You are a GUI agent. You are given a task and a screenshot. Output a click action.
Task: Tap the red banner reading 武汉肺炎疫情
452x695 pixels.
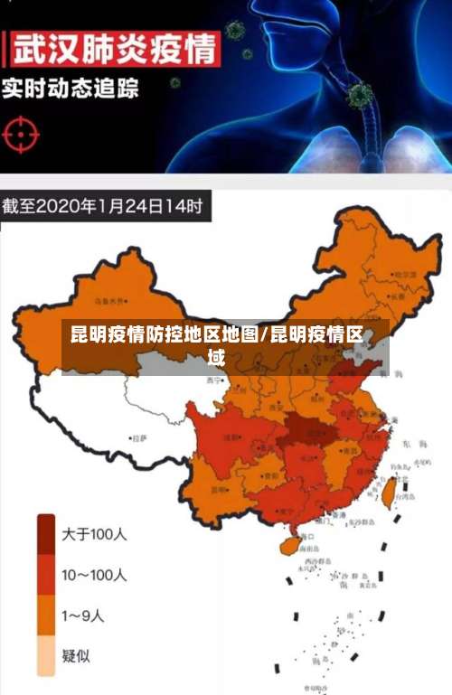click(112, 47)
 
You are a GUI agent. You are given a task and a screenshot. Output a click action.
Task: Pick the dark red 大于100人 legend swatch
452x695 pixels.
click(46, 533)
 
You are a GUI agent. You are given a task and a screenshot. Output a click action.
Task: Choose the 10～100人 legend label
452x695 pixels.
click(94, 575)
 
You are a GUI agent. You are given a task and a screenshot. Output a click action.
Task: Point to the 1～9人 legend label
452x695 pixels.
click(83, 615)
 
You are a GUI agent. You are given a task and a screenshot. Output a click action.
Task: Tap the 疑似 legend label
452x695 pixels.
click(76, 656)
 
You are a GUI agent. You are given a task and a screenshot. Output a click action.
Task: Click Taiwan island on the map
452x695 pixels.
click(391, 492)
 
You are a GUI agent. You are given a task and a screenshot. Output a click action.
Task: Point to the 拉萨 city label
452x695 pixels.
click(138, 438)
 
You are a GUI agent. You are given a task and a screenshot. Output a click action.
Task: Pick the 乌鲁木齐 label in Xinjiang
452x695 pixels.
click(112, 299)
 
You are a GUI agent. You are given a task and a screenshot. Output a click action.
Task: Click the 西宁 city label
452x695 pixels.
click(213, 380)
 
